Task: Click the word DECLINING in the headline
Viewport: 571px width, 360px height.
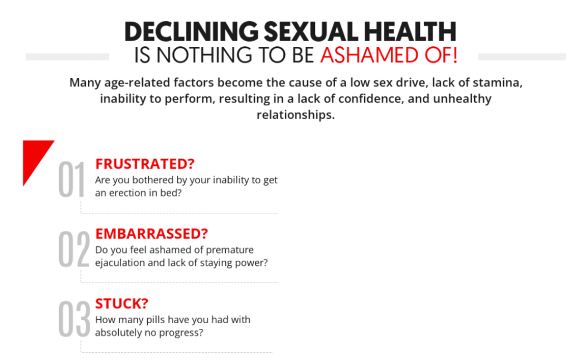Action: pyautogui.click(x=192, y=31)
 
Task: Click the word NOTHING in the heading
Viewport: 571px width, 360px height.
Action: pyautogui.click(x=204, y=55)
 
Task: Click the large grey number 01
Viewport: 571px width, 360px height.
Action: pyautogui.click(x=71, y=179)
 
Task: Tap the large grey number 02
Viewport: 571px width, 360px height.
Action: pyautogui.click(x=74, y=249)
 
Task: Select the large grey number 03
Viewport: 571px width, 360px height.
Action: pyautogui.click(x=74, y=319)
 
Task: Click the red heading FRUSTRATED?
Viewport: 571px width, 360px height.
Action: pyautogui.click(x=145, y=164)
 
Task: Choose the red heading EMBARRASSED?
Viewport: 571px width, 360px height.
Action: pyautogui.click(x=152, y=233)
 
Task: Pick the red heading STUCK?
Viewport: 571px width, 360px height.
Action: pyautogui.click(x=122, y=304)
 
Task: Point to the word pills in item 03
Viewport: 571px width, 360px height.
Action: pyautogui.click(x=156, y=320)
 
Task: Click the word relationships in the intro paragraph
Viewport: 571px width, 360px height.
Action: pyautogui.click(x=296, y=115)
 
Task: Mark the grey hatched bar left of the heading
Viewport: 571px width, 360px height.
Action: pyautogui.click(x=67, y=57)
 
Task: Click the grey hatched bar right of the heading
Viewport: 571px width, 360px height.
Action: pyautogui.click(x=522, y=57)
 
